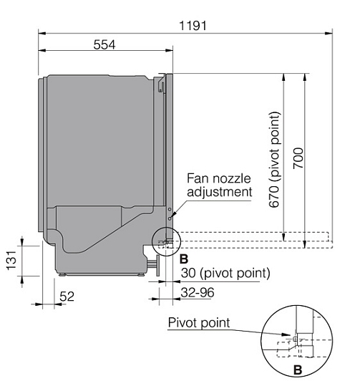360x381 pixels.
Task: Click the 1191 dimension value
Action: (x=193, y=26)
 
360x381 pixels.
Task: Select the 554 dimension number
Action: (x=104, y=44)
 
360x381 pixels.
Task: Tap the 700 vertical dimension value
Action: (x=298, y=158)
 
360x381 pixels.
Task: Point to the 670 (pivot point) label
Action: (x=275, y=160)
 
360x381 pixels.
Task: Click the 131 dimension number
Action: (x=11, y=261)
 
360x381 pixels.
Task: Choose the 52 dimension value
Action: (x=67, y=296)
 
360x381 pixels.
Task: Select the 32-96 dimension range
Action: (x=198, y=292)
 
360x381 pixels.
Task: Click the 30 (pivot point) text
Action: (x=225, y=273)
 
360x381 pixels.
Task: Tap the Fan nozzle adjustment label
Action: (x=219, y=185)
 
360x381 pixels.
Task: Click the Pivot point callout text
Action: (x=199, y=323)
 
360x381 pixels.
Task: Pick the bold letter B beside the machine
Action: (x=184, y=259)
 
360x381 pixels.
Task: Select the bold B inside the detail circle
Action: (x=298, y=370)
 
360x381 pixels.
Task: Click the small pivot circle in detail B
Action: (x=295, y=339)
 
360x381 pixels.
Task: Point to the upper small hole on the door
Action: (x=170, y=209)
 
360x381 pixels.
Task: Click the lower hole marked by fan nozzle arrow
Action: (x=170, y=218)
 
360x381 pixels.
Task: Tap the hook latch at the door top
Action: (x=161, y=83)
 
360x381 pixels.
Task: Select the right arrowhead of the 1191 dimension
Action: (x=329, y=33)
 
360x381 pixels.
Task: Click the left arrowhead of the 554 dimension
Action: (x=42, y=50)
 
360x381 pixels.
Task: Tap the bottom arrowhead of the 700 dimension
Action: (x=305, y=245)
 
